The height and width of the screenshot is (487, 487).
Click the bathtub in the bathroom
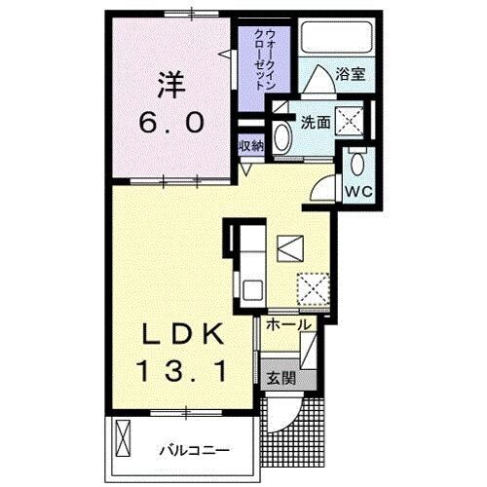point(332,39)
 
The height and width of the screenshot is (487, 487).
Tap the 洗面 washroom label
point(314,124)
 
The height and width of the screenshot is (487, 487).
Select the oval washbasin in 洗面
point(283,137)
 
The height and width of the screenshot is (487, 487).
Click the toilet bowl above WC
point(357,162)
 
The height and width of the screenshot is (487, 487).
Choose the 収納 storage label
point(252,145)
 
